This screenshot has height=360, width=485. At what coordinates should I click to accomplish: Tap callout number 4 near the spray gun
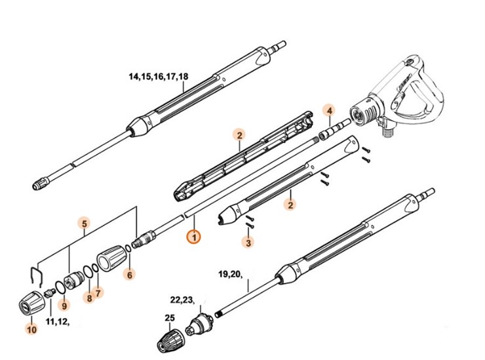330,110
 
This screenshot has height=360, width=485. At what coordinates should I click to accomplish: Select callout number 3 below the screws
247,243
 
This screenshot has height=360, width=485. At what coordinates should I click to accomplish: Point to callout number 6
129,275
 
